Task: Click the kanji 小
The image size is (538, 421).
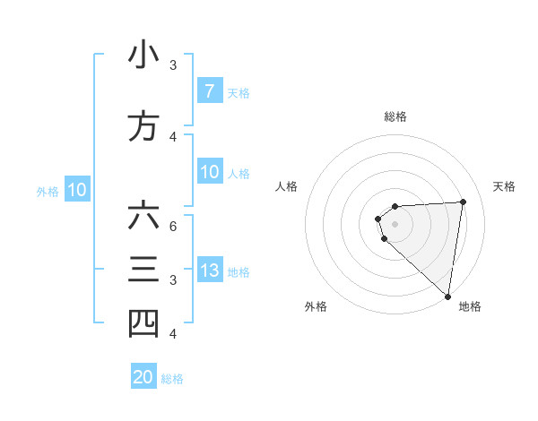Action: tap(143, 56)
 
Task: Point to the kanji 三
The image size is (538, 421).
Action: tap(143, 270)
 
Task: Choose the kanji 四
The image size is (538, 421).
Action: tap(143, 323)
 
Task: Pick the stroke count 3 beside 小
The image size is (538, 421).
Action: tap(173, 64)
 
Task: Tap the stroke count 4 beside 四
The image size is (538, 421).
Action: tap(173, 333)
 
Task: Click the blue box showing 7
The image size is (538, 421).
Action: tap(209, 91)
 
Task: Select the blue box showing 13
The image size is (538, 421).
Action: tap(209, 271)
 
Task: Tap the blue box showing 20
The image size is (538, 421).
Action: tap(143, 377)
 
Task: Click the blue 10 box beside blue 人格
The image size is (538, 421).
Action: tap(209, 172)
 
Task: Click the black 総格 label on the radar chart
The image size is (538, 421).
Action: tap(395, 116)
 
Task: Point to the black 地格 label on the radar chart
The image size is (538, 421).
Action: tap(470, 306)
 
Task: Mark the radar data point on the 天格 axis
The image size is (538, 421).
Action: tap(463, 202)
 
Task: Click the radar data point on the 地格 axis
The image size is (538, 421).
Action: tap(447, 296)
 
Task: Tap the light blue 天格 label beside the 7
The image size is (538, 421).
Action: tap(239, 92)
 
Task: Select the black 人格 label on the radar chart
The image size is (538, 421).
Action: tap(286, 186)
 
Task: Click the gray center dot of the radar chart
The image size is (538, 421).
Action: tap(395, 223)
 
